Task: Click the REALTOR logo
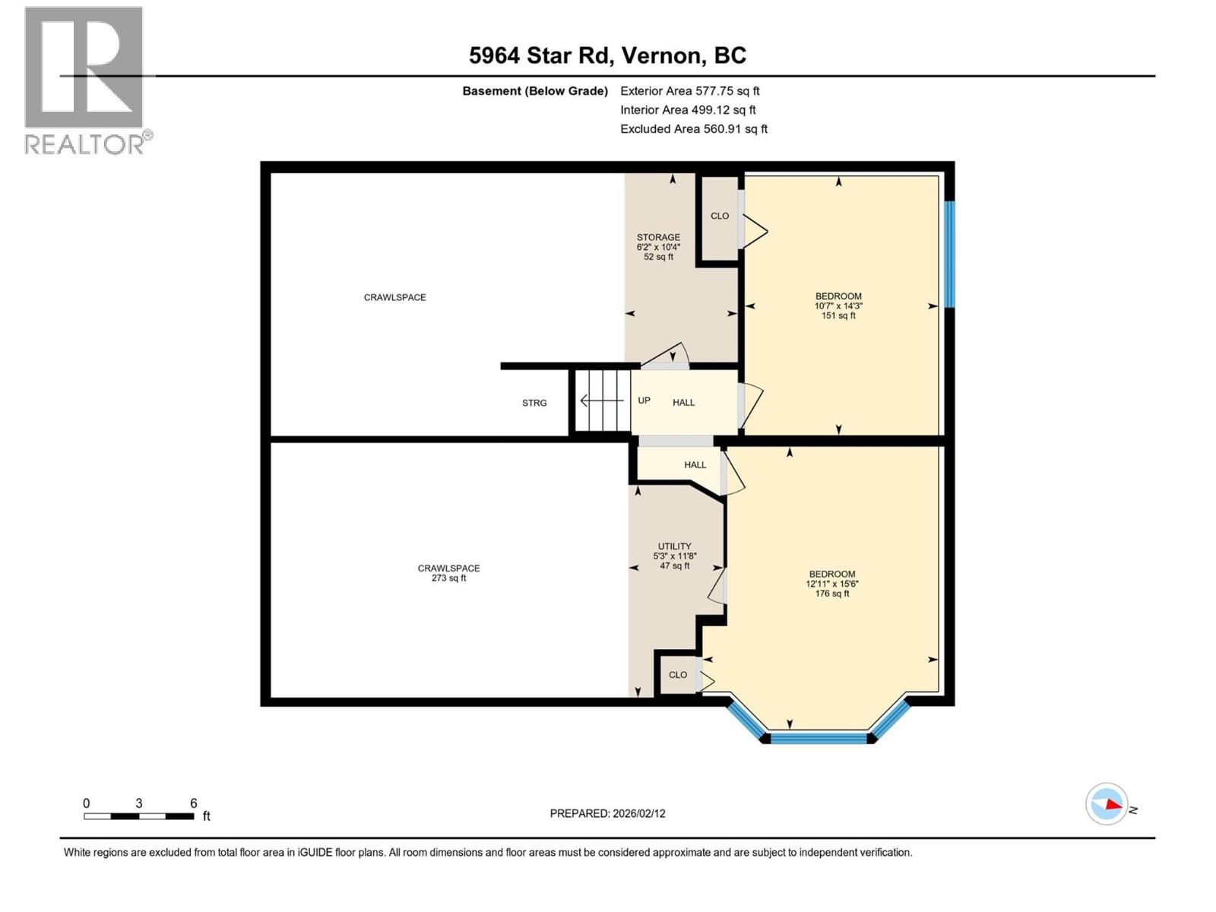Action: pos(85,80)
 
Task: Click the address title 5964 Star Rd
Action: pos(607,55)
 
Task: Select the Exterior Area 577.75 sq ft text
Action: pos(689,90)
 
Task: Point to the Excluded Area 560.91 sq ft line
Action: pos(693,128)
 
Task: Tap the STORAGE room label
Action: pos(658,238)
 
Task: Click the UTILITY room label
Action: pos(674,546)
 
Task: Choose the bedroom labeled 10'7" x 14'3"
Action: pos(838,306)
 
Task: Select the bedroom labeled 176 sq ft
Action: pos(831,584)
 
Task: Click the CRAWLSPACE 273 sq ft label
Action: pos(448,572)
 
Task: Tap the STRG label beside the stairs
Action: pos(534,403)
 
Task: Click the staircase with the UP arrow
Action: pos(602,401)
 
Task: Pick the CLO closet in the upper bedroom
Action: pos(719,216)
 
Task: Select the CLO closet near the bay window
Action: pos(677,675)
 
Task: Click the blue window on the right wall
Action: pos(949,254)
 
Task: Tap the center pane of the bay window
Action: pos(819,737)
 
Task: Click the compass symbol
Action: pos(1107,804)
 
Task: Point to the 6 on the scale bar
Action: pos(193,803)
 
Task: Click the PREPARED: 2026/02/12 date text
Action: pos(607,813)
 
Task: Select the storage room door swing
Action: pos(669,356)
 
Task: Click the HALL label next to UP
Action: pos(683,403)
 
